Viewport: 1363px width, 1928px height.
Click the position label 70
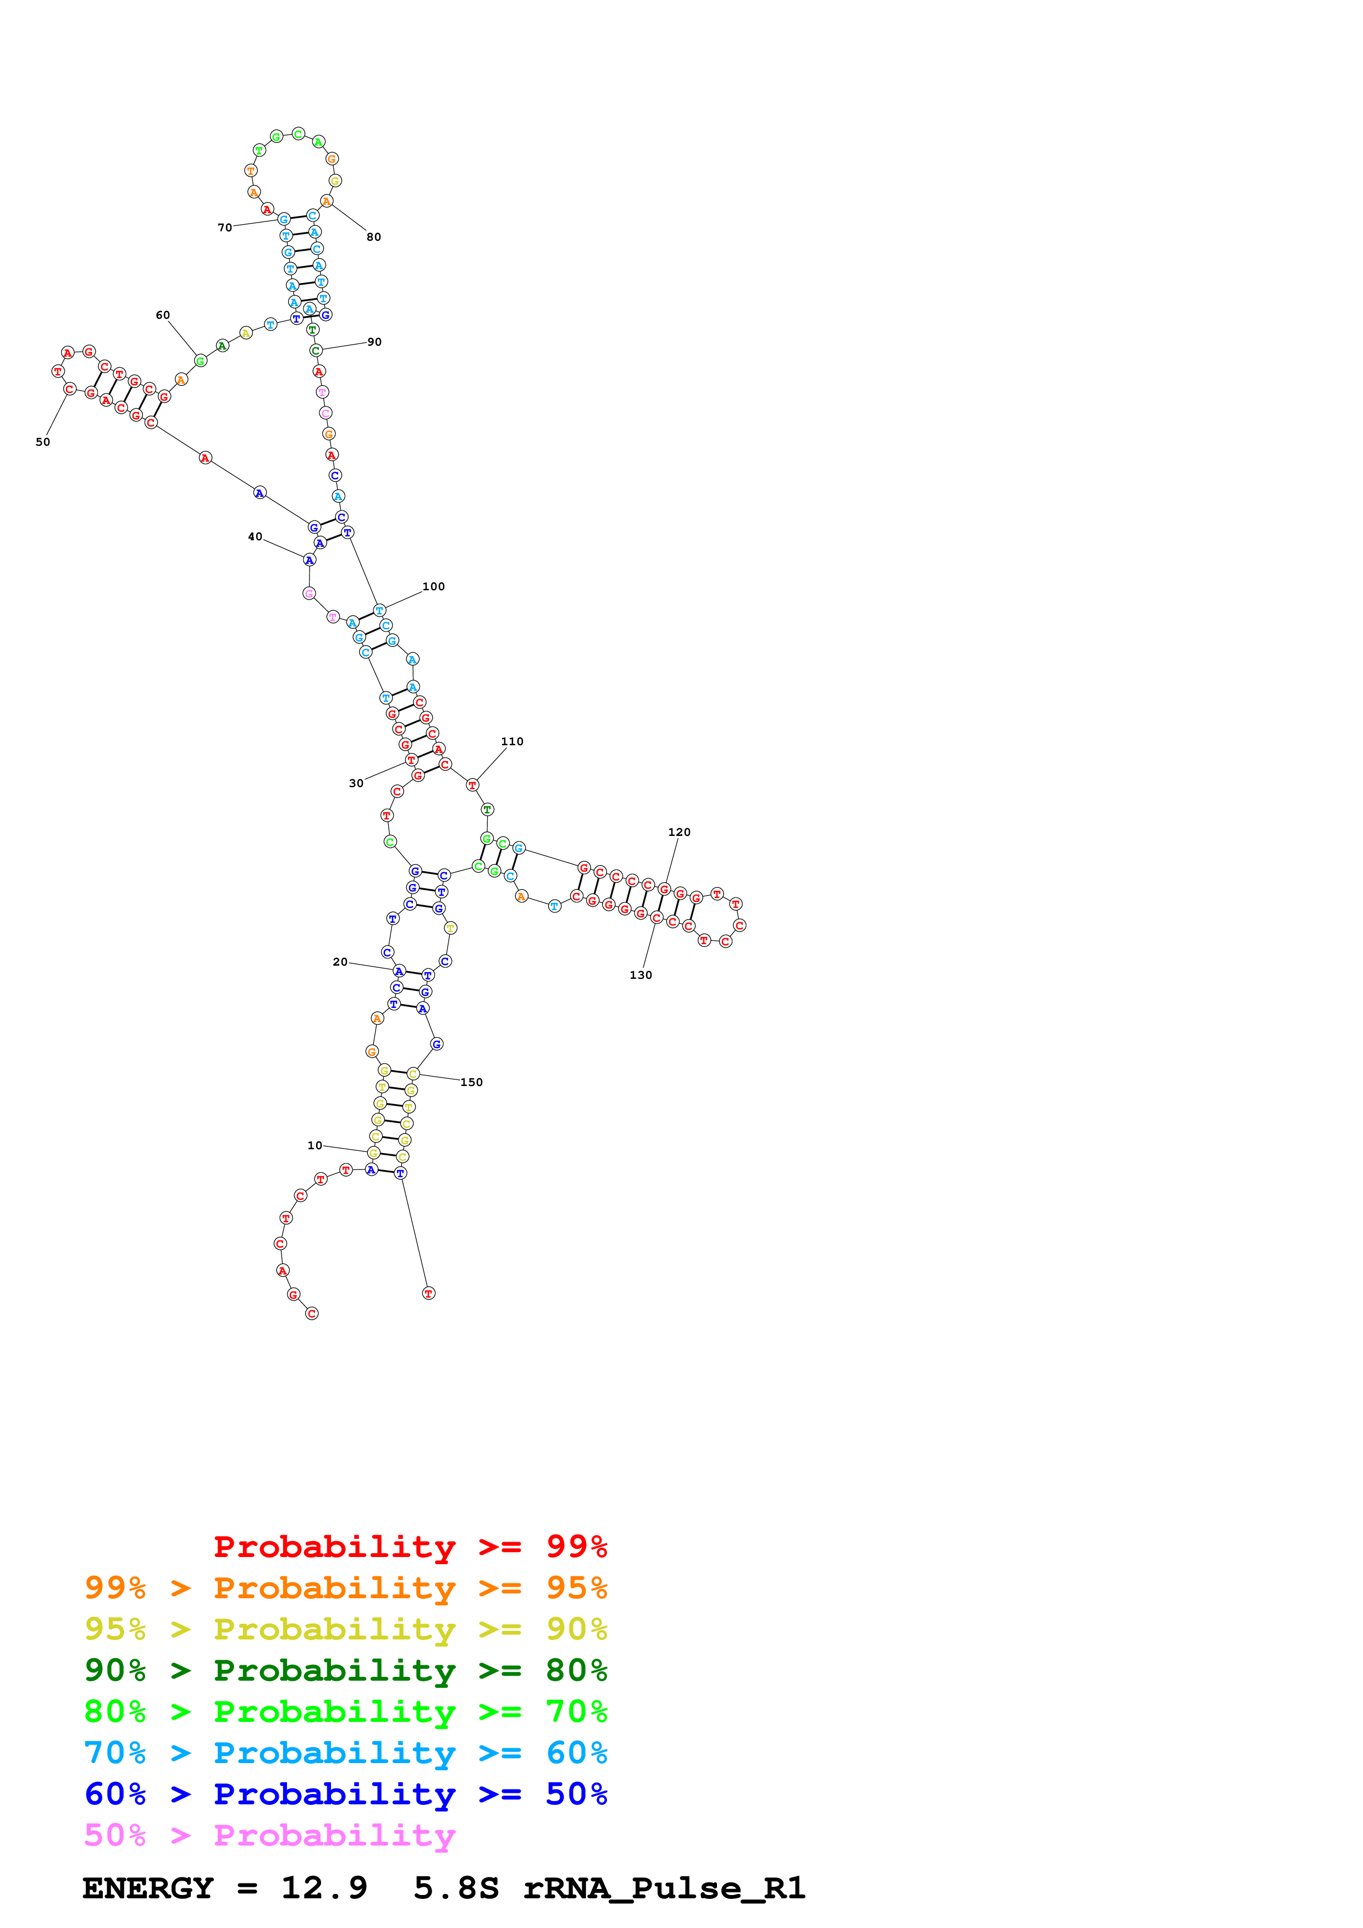click(224, 228)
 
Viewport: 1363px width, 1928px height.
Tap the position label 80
click(374, 237)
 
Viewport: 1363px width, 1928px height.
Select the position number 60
click(163, 315)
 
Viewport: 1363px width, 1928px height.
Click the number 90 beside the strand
click(374, 342)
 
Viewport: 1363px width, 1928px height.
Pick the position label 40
click(255, 536)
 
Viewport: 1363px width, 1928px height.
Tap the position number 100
click(433, 586)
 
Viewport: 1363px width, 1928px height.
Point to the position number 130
click(641, 975)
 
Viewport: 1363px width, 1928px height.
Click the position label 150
click(471, 1082)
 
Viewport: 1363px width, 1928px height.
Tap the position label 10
click(315, 1145)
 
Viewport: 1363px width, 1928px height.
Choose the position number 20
click(340, 961)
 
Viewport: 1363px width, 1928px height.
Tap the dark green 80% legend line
click(345, 1670)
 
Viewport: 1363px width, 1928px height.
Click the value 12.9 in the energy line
click(324, 1888)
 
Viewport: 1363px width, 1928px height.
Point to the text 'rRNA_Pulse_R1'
click(664, 1888)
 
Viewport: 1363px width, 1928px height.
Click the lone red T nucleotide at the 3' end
click(428, 1293)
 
